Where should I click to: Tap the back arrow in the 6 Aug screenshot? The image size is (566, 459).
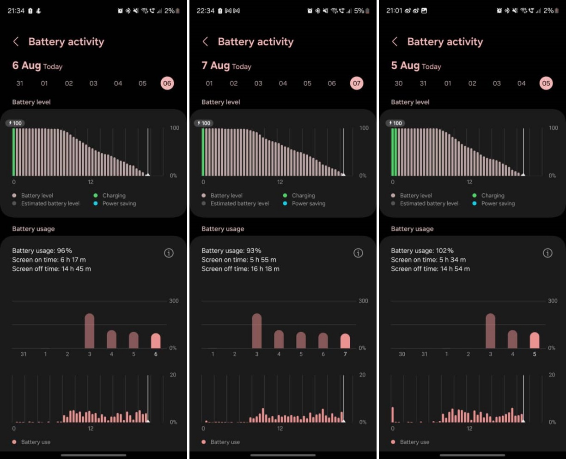[x=16, y=42]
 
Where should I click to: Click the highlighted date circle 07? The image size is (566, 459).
[x=356, y=83]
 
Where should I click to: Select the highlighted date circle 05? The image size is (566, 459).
[x=546, y=83]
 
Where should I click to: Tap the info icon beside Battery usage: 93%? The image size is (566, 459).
[x=358, y=253]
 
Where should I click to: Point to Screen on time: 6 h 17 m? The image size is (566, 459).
[x=49, y=260]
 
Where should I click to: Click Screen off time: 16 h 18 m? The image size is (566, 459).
[x=240, y=268]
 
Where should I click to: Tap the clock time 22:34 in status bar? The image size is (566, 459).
[x=205, y=11]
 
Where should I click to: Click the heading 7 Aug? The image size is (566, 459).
[x=215, y=66]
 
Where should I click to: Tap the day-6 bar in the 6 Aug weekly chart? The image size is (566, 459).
[x=156, y=341]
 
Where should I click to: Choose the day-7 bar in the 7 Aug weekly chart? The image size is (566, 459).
[x=345, y=341]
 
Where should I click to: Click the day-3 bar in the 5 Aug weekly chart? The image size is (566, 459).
[x=490, y=331]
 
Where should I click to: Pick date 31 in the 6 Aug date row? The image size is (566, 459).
[x=19, y=83]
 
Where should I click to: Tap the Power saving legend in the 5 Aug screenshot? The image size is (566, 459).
[x=498, y=203]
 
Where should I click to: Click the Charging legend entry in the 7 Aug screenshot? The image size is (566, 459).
[x=303, y=196]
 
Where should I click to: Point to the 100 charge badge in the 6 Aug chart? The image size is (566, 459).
[x=15, y=123]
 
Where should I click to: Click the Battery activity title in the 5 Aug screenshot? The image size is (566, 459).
[x=445, y=42]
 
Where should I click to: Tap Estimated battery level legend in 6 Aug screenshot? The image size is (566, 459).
[x=50, y=203]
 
